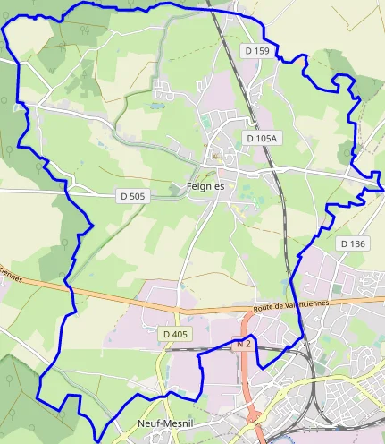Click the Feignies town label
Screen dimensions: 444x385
pos(205,186)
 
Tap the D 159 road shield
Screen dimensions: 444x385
pos(256,52)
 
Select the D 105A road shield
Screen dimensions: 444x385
pos(262,138)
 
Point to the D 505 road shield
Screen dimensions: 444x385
pos(132,194)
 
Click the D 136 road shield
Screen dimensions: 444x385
pos(353,243)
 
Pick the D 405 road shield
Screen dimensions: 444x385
pos(176,334)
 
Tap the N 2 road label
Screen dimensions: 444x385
pos(244,343)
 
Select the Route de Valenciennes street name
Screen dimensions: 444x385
pos(291,305)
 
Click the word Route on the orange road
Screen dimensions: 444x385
pos(264,307)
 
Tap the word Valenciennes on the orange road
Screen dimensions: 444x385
pos(305,304)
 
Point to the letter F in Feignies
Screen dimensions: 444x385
pos(189,186)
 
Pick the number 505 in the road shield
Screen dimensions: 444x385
pos(136,194)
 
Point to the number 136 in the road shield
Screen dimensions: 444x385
pos(356,243)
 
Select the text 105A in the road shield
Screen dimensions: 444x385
pos(266,138)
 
